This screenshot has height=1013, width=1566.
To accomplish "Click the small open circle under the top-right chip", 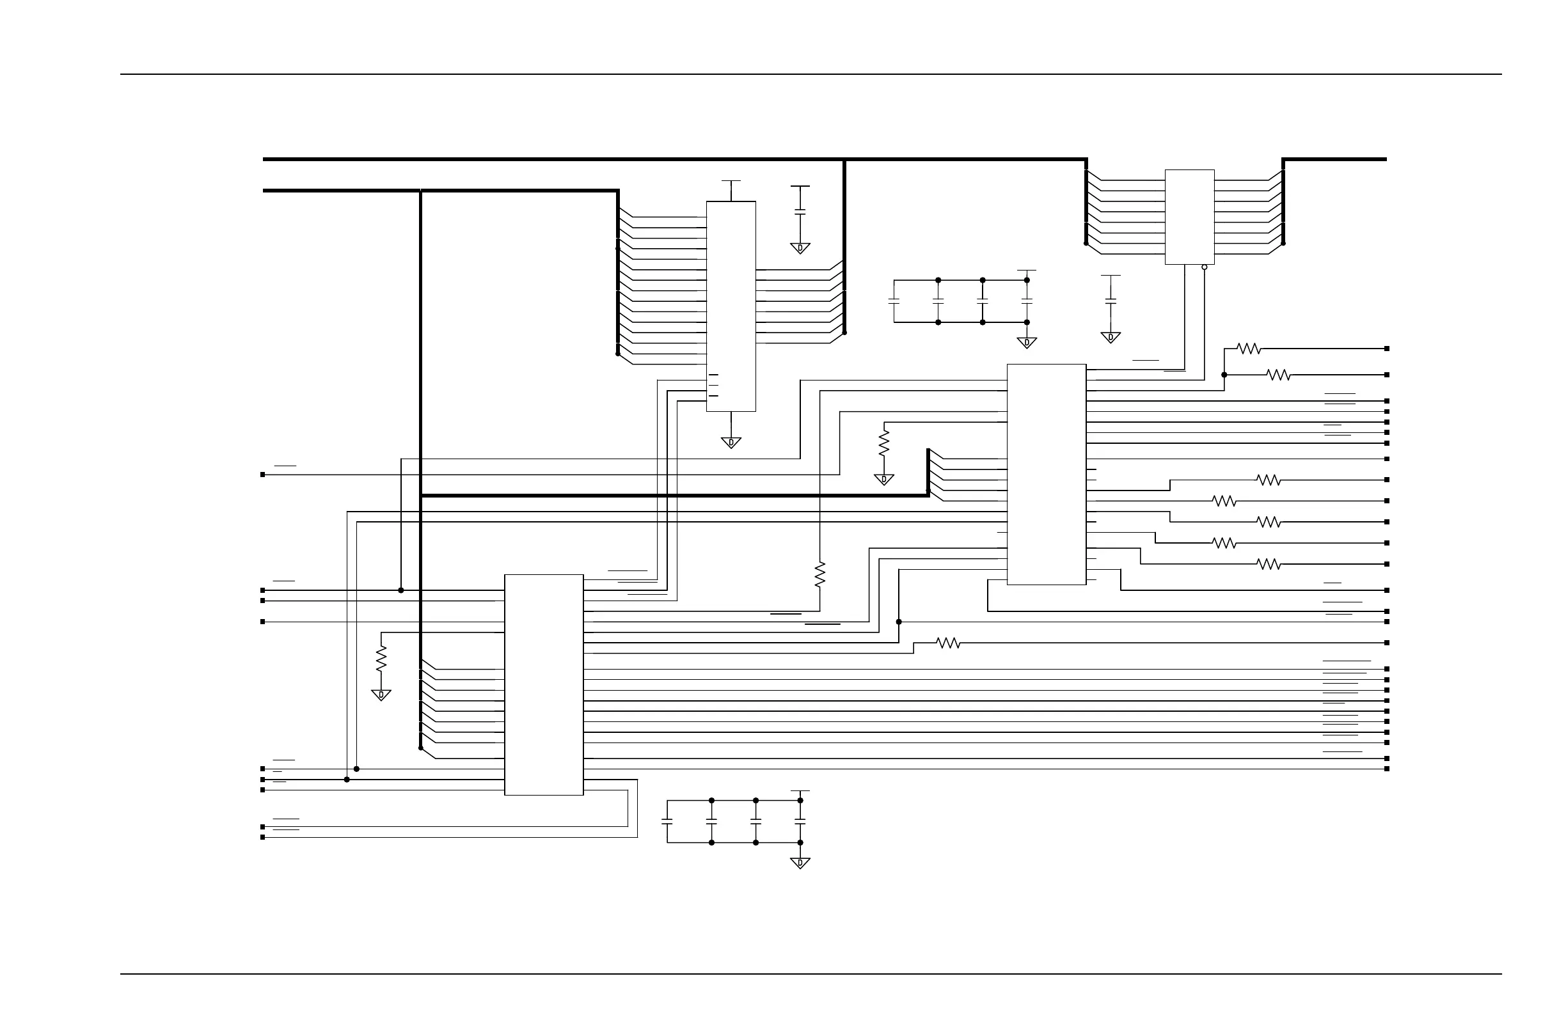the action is [x=1204, y=267].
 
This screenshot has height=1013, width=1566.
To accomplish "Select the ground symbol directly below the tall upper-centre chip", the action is [x=731, y=443].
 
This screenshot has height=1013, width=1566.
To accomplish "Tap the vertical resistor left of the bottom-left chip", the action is [x=381, y=659].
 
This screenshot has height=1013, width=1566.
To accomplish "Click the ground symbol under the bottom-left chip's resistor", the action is [x=381, y=695].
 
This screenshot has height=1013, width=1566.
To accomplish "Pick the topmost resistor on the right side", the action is [x=1248, y=349].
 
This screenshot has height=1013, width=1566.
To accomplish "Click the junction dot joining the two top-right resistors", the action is [x=1224, y=375].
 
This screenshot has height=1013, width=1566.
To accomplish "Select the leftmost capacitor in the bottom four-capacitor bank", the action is [x=667, y=822].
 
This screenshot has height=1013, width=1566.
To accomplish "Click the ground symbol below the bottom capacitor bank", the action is [x=800, y=863].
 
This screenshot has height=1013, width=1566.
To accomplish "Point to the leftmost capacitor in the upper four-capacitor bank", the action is [x=894, y=301].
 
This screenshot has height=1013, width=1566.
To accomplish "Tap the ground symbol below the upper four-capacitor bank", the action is [x=1027, y=343].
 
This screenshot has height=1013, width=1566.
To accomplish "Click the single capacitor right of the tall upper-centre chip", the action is [x=800, y=212].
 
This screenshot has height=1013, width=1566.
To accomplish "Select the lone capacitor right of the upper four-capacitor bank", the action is [x=1111, y=301].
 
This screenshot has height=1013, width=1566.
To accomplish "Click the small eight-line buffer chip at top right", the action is [x=1190, y=217].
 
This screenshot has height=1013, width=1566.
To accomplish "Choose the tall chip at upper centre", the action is [x=731, y=306].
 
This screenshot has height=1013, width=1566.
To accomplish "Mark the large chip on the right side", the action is [x=1046, y=475].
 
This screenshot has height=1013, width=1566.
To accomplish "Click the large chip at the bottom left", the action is [x=544, y=685].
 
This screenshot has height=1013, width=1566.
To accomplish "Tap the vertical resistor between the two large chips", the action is [x=820, y=574].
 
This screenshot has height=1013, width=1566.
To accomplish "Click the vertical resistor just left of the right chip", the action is [x=883, y=442].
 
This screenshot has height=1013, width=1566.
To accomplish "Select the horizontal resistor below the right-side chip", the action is [x=948, y=643].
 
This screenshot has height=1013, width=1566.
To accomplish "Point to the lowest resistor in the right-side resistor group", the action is [x=1269, y=563].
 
